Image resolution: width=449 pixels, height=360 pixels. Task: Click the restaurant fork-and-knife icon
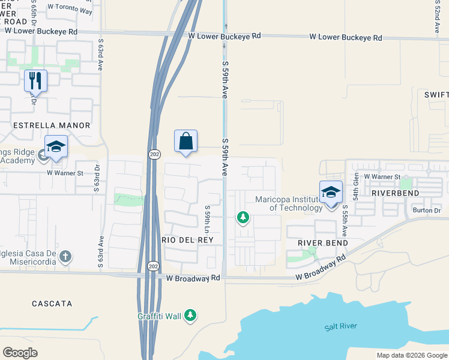pyautogui.click(x=35, y=80)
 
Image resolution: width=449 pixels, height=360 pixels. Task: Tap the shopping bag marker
pyautogui.click(x=186, y=141)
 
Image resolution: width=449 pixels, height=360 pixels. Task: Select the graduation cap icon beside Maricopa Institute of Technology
pyautogui.click(x=331, y=193)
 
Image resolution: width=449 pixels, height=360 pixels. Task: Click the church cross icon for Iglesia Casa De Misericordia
pyautogui.click(x=65, y=257)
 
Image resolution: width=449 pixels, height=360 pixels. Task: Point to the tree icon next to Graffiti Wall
pyautogui.click(x=190, y=315)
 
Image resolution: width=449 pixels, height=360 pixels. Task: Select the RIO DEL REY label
pyautogui.click(x=187, y=239)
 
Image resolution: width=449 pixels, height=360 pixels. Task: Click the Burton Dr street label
pyautogui.click(x=427, y=210)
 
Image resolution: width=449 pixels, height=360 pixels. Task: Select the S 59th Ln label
pyautogui.click(x=206, y=220)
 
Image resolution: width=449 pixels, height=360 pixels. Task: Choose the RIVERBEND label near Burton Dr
pyautogui.click(x=393, y=194)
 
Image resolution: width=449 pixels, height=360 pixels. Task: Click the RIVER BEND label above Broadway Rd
pyautogui.click(x=319, y=242)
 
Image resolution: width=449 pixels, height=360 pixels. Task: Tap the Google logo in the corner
pyautogui.click(x=20, y=352)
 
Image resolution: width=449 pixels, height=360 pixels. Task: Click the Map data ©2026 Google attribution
pyautogui.click(x=412, y=355)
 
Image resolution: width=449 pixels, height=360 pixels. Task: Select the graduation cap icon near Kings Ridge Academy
pyautogui.click(x=56, y=147)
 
